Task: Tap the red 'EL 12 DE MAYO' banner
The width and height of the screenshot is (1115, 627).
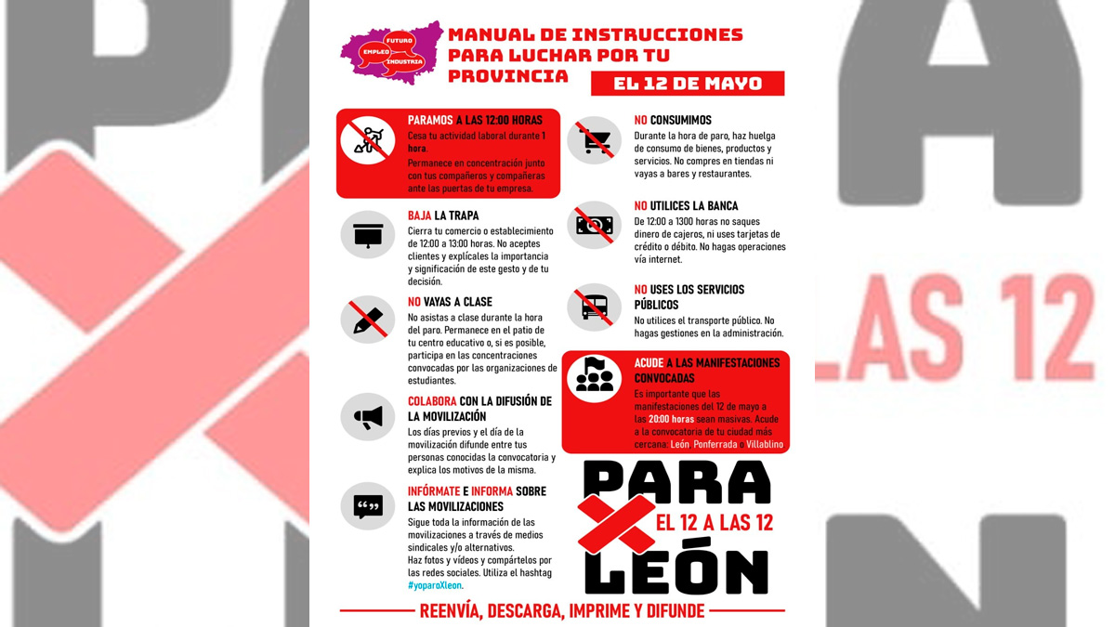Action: coord(688,84)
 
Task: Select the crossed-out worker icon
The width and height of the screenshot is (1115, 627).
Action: coord(368,140)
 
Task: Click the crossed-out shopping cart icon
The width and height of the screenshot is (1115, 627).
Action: coord(594,141)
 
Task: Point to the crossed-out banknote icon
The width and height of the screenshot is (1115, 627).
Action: coord(594,225)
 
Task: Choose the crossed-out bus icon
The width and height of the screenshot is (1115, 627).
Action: coord(594,306)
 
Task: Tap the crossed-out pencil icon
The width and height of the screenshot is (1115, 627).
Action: coord(368,320)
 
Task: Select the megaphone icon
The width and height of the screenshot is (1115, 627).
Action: coord(368,417)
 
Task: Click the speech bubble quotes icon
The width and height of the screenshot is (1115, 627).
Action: coord(368,506)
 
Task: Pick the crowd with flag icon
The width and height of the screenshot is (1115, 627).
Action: coord(594,377)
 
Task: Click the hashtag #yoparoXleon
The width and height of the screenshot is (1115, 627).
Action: coord(435,586)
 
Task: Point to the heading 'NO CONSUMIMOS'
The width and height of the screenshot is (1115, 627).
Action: coord(673,121)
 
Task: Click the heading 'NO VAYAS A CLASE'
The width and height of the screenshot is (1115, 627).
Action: coord(450,302)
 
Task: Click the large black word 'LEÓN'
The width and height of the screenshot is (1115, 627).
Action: coord(676,569)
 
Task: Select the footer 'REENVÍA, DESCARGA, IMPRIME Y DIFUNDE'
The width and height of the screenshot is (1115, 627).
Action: coord(562,611)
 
